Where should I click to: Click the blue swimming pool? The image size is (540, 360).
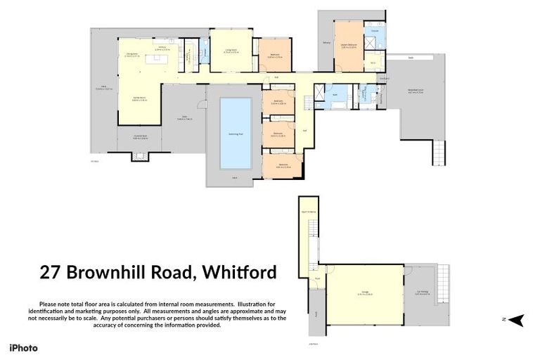point(236,132)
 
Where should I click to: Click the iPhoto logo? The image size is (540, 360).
point(23,348)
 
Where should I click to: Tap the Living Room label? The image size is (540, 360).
point(231,49)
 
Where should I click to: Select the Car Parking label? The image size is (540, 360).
point(423,292)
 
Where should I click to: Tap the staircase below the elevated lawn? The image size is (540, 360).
point(439,151)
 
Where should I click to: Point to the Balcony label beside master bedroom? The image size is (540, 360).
point(326,44)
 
